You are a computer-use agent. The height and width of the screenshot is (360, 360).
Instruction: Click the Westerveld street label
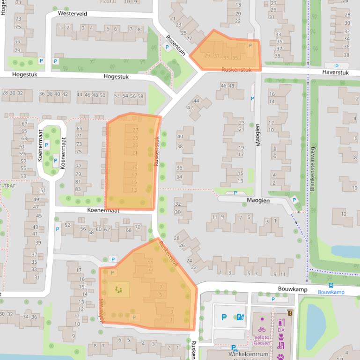73,14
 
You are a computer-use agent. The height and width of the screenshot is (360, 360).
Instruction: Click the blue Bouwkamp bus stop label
331,292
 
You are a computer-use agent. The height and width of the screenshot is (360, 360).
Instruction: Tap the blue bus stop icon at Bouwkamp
331,285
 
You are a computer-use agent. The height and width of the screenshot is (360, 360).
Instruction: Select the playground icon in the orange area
118,290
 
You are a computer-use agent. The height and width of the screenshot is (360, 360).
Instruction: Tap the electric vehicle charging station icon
240,317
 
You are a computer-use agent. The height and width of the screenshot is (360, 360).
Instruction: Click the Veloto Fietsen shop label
262,340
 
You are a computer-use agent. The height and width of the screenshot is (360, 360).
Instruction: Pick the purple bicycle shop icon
262,329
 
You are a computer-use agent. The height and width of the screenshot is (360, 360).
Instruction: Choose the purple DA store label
281,330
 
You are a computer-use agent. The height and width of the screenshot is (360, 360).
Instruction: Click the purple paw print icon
281,357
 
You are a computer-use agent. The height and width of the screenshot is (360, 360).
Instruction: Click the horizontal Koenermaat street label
103,211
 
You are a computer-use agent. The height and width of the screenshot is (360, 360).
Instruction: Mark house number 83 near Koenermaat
78,189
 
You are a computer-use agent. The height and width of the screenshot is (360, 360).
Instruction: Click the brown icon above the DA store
290,313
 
